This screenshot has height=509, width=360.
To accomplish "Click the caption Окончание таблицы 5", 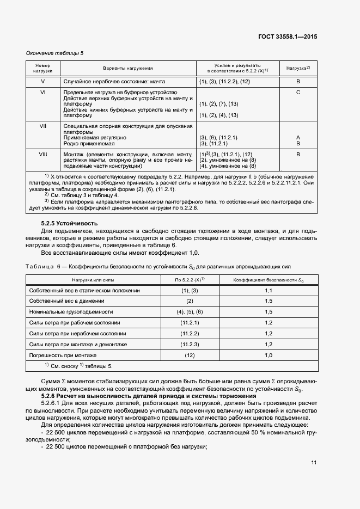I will [55, 53].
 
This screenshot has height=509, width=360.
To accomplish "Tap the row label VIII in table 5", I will [43, 155].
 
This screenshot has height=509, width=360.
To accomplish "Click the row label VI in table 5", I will [43, 93].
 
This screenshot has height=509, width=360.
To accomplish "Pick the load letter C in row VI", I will [298, 93].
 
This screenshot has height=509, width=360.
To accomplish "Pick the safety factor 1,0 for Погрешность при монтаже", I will [269, 355].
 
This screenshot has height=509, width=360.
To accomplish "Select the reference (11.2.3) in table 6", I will [190, 345].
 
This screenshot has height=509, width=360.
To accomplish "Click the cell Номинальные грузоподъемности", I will [71, 312].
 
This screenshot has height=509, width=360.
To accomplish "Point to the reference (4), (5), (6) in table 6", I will [190, 312].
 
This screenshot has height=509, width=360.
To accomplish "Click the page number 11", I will [314, 462].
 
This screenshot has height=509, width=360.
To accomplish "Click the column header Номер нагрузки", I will [43, 69].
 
